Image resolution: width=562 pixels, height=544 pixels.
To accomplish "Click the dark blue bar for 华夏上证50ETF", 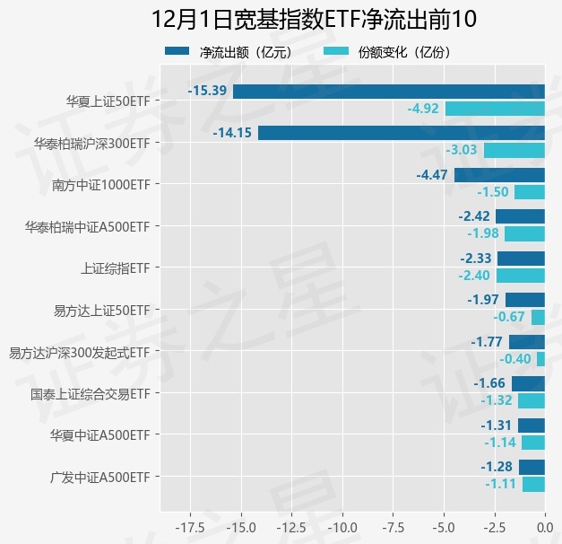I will (x=388, y=91).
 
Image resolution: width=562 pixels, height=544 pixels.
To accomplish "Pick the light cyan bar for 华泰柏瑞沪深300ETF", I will (x=514, y=150).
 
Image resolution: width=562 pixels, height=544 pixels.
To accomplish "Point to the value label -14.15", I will (x=232, y=133).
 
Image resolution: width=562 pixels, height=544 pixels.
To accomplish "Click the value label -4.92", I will (x=423, y=109).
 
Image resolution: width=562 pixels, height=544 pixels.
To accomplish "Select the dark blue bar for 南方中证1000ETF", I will (x=499, y=175).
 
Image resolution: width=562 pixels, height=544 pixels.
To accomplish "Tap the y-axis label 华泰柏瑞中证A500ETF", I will (x=88, y=226).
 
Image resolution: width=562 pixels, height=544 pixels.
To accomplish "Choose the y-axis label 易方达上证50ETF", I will (x=101, y=310).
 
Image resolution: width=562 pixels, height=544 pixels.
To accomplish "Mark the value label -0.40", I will (x=515, y=359).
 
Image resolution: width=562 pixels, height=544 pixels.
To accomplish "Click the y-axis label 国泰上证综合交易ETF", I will (x=90, y=394).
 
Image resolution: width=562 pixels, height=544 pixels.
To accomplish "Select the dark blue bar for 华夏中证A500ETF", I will (x=531, y=426).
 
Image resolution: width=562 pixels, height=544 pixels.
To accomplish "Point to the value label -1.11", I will (x=501, y=484).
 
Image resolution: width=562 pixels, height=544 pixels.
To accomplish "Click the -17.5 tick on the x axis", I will (x=188, y=525).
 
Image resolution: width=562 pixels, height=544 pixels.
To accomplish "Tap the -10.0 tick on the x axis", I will (x=342, y=525).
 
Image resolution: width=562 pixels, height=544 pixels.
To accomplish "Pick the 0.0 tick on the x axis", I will (x=544, y=525).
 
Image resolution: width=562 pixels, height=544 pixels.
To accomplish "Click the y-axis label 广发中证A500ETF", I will (x=99, y=477).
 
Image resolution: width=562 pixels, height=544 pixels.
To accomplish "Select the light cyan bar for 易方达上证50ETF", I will (x=538, y=317).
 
